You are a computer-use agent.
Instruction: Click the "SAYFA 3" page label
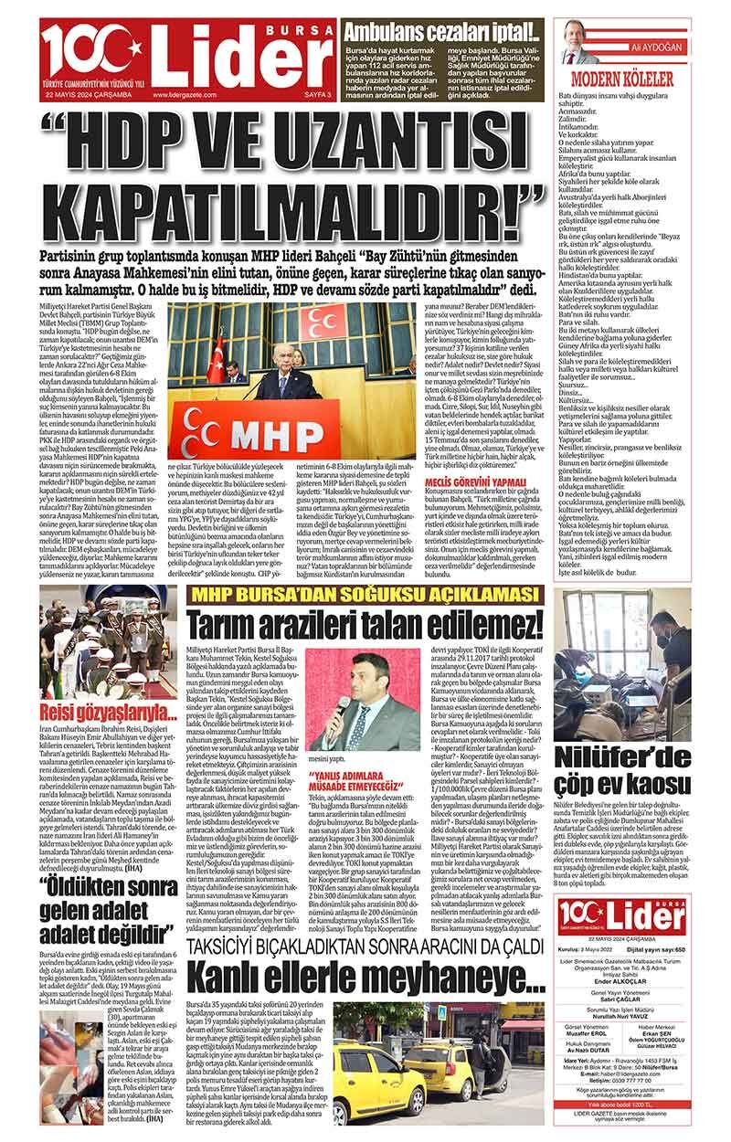315,93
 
